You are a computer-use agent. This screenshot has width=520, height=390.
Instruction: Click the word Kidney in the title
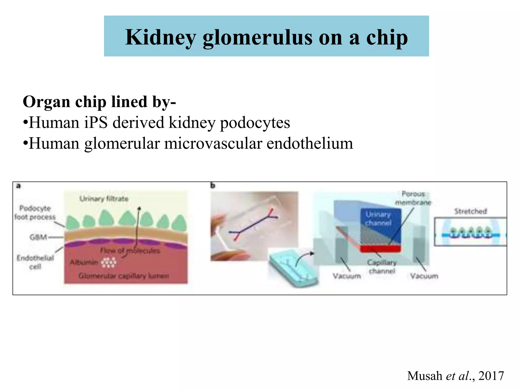click(160, 38)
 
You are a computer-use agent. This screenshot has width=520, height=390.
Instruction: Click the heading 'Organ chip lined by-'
click(99, 102)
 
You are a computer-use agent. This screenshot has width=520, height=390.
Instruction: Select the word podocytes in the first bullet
click(255, 123)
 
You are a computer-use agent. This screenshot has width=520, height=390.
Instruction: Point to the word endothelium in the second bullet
click(310, 144)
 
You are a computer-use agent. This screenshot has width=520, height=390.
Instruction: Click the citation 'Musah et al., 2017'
click(456, 376)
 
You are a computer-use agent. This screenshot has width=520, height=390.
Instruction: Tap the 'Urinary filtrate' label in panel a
click(104, 199)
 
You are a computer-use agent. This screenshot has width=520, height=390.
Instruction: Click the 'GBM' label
click(38, 237)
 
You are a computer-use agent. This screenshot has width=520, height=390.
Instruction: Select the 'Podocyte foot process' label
click(35, 213)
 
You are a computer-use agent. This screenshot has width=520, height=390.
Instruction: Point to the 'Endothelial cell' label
click(35, 262)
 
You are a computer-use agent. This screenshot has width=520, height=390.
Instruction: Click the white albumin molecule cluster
click(109, 262)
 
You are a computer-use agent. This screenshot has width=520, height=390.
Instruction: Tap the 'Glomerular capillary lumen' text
click(124, 276)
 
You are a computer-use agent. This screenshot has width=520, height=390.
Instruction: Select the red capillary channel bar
click(380, 249)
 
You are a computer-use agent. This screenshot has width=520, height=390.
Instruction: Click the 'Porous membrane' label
click(413, 198)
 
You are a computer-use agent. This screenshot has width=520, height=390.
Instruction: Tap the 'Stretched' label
click(470, 211)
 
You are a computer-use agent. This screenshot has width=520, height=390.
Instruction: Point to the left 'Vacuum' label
click(347, 276)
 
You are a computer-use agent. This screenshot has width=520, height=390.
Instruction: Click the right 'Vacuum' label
click(424, 276)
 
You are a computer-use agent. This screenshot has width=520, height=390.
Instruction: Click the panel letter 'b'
click(213, 186)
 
